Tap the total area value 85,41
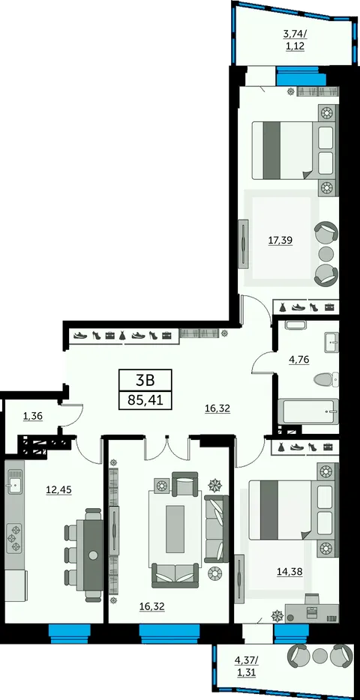145,399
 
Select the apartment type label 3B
145,380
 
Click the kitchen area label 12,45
59,489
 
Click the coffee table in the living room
175,529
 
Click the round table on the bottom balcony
319,655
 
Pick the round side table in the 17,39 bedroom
326,253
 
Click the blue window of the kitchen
70,633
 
